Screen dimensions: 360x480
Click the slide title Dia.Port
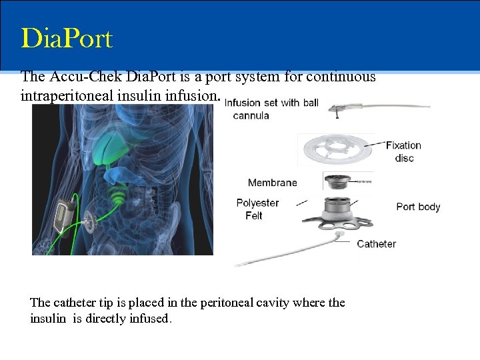tap(67, 39)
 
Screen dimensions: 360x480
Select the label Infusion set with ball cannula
tap(271, 109)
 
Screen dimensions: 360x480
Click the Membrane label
tap(272, 183)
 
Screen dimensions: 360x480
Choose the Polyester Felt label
tap(257, 209)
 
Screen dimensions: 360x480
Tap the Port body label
tap(418, 207)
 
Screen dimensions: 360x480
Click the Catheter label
tap(376, 244)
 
